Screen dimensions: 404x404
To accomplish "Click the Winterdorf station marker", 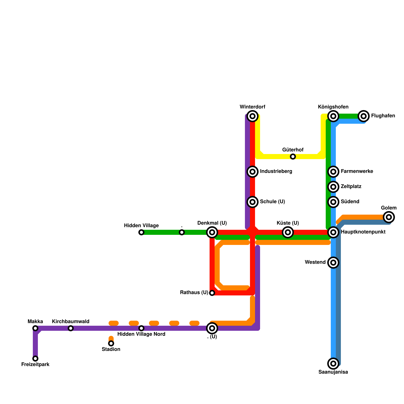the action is click(x=252, y=116).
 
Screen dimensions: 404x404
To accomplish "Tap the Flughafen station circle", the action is click(x=364, y=116).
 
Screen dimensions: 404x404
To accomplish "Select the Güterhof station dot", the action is click(x=293, y=157).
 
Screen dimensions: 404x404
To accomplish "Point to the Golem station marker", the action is click(x=389, y=217).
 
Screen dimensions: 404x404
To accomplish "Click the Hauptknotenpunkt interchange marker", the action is click(x=333, y=232).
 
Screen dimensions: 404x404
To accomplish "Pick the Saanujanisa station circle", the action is click(x=333, y=364).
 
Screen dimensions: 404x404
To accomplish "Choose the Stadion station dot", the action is click(x=111, y=343).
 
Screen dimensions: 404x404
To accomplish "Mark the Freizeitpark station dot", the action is click(x=35, y=359).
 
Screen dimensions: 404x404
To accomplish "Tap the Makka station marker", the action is click(x=35, y=328).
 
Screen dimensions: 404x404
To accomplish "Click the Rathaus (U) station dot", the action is click(x=212, y=293).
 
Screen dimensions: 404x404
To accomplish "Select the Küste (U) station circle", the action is click(x=288, y=232).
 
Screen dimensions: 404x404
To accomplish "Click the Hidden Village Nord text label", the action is click(x=141, y=334).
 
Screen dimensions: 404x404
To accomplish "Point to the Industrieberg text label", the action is click(x=276, y=171).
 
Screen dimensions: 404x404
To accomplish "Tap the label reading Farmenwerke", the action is click(x=357, y=171).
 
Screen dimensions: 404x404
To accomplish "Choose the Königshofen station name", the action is click(x=333, y=107).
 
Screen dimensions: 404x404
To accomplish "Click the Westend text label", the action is click(x=315, y=262).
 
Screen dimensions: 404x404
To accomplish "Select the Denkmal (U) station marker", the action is click(x=212, y=232).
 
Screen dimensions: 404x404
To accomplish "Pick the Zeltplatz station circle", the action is click(x=333, y=187).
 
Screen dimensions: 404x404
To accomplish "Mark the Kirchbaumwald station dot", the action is click(x=71, y=328).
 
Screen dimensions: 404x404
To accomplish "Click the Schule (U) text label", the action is click(x=272, y=202).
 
